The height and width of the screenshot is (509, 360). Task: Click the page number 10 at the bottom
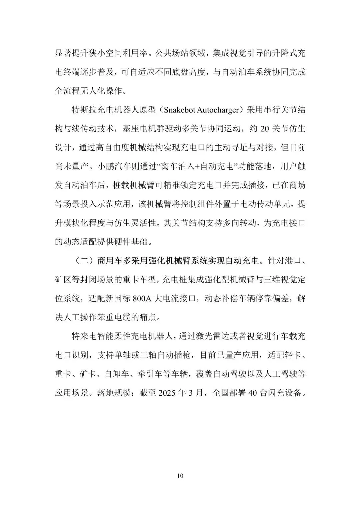point(180,476)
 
